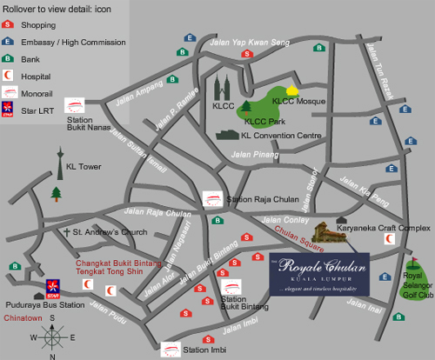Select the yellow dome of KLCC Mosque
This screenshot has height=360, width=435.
coord(292,90)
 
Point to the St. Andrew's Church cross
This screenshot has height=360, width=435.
coord(65,233)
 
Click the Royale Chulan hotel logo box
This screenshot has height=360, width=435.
coord(318,275)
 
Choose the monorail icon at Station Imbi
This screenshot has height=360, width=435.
coord(171,349)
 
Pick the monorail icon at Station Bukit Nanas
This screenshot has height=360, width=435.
coord(74,104)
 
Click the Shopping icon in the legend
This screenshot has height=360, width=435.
coord(9,26)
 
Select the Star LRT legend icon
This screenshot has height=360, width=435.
coord(9,109)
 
